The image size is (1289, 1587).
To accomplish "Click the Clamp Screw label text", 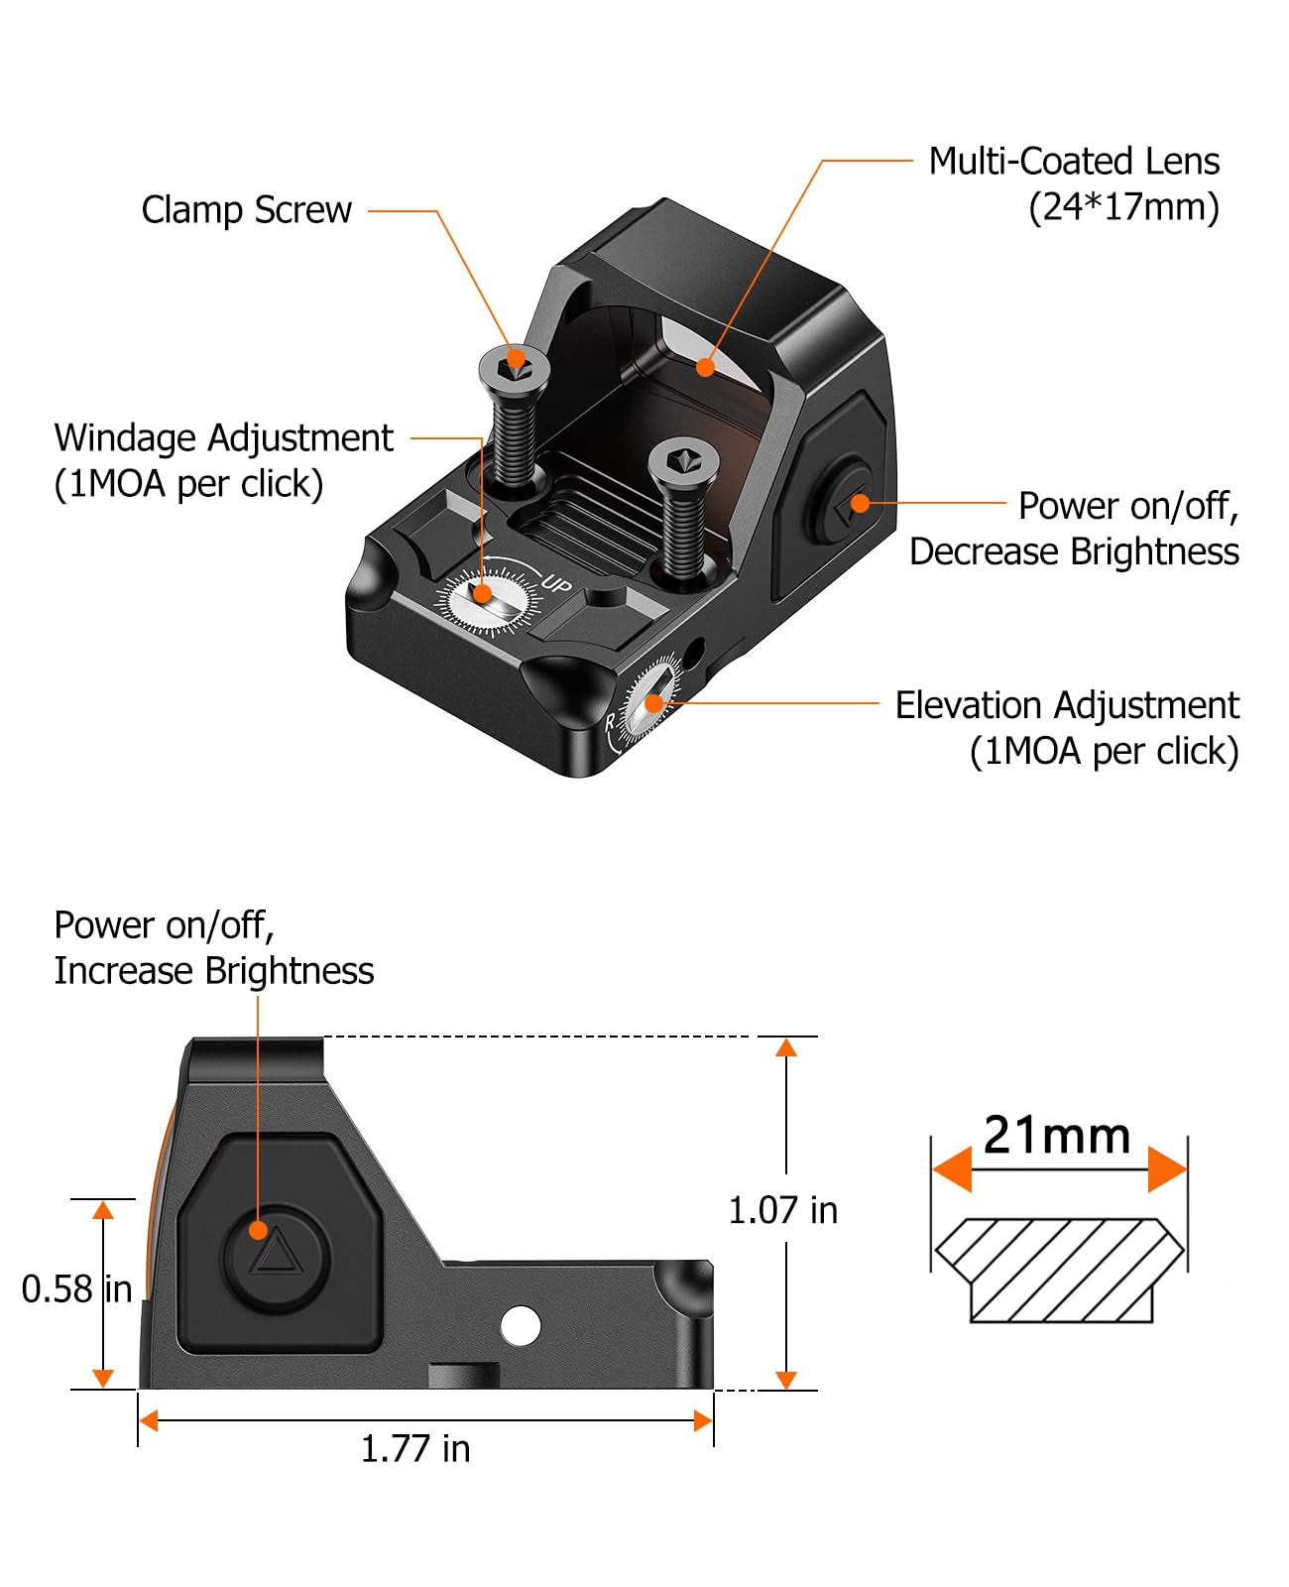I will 246,210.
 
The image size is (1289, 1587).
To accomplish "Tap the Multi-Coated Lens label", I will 1074,162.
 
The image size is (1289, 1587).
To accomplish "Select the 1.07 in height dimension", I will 782,1210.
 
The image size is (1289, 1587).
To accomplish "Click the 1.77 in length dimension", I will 414,1449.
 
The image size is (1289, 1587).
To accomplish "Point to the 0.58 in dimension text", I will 76,1289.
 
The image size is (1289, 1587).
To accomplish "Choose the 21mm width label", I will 1057,1136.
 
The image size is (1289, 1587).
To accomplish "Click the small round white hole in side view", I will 521,1325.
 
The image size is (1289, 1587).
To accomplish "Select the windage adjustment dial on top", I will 484,598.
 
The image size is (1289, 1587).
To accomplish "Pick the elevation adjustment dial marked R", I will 650,705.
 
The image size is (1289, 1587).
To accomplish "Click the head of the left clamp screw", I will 515,368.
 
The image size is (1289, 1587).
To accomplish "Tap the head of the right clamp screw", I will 683,462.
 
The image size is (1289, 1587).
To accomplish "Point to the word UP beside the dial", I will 556,584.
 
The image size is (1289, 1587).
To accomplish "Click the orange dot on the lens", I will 705,367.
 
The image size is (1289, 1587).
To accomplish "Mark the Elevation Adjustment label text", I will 1067,706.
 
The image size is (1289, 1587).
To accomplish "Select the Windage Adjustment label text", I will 223,438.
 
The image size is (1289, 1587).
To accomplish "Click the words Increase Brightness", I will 214,971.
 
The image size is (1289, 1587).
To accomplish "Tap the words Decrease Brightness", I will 1074,551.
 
